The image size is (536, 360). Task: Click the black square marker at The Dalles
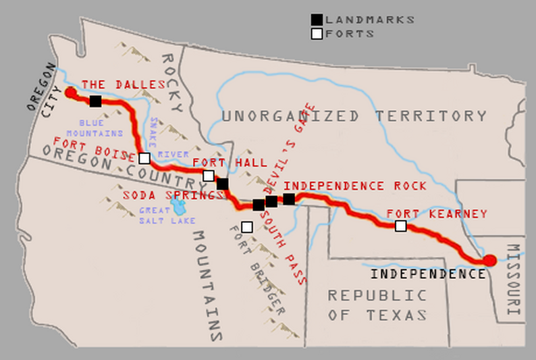95,101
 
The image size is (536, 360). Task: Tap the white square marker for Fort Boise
144,158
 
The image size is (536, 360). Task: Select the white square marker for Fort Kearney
401,226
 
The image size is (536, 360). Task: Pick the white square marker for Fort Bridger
247,227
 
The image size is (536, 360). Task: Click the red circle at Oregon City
70,93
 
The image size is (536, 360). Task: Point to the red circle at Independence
489,261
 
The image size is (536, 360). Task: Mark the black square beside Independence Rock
289,199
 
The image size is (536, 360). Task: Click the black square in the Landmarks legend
317,20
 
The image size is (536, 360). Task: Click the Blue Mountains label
101,128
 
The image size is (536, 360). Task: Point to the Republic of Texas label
377,305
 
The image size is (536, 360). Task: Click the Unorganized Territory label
354,115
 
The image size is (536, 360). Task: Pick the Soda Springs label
173,195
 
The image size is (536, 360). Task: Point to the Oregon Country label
119,166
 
